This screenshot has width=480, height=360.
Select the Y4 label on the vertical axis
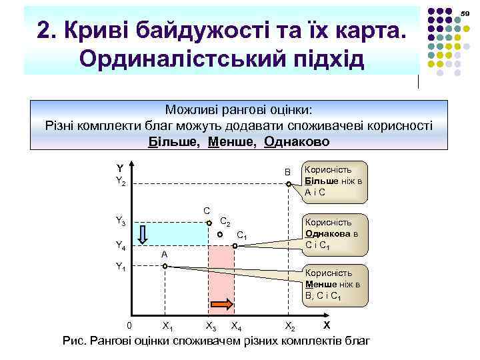121,246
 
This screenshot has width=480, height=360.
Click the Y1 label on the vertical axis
121,267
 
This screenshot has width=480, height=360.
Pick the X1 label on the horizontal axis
168,325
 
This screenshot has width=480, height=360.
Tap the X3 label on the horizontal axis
211,325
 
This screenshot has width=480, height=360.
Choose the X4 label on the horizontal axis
235,325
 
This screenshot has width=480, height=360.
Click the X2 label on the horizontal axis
290,325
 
